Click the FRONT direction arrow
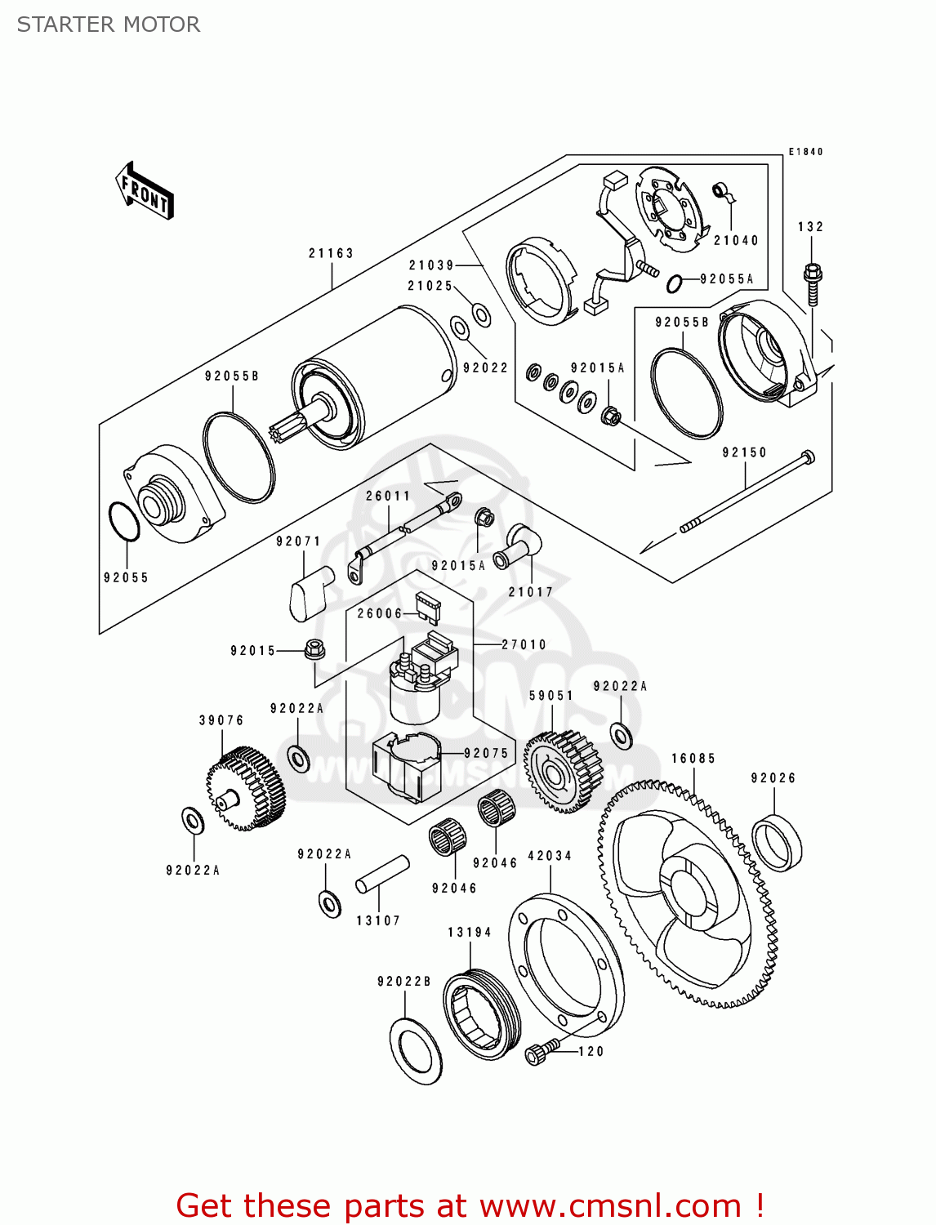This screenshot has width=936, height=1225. point(145,191)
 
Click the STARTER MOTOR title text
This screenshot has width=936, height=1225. point(109,24)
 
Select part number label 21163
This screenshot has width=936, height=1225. point(331,253)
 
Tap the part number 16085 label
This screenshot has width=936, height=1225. point(693,759)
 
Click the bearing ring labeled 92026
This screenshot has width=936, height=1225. point(777,843)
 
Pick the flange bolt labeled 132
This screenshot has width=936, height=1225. point(812,283)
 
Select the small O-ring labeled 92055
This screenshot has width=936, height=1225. point(123,522)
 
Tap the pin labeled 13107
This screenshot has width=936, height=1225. point(381,874)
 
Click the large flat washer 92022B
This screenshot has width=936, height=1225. point(416,1052)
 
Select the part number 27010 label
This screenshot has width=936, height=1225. point(524,644)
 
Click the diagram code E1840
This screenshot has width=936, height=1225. point(805,152)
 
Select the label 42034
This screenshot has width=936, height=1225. point(550,856)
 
